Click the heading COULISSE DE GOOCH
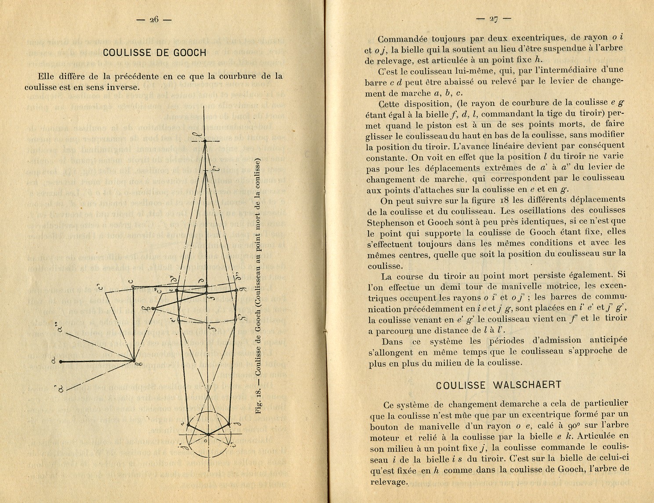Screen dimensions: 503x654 [x=154, y=53]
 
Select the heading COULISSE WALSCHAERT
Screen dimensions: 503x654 [x=499, y=385]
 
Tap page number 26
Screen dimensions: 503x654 [x=154, y=19]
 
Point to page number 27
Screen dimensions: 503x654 [x=494, y=18]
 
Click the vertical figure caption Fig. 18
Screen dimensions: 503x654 [x=258, y=285]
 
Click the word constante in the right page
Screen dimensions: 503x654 [x=386, y=157]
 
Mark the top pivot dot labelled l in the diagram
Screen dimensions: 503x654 [x=205, y=140]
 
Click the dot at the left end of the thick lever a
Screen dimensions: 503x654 [x=61, y=361]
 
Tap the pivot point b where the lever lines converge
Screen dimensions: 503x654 [x=133, y=361]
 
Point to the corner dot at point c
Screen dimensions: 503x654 [x=133, y=287]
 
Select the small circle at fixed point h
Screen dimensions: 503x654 [x=154, y=309]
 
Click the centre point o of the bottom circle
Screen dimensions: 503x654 [x=207, y=434]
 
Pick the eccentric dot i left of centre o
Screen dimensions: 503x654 [x=188, y=424]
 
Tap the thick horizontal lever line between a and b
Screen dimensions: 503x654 [x=97, y=361]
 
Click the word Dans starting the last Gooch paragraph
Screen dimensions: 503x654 [x=392, y=341]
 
